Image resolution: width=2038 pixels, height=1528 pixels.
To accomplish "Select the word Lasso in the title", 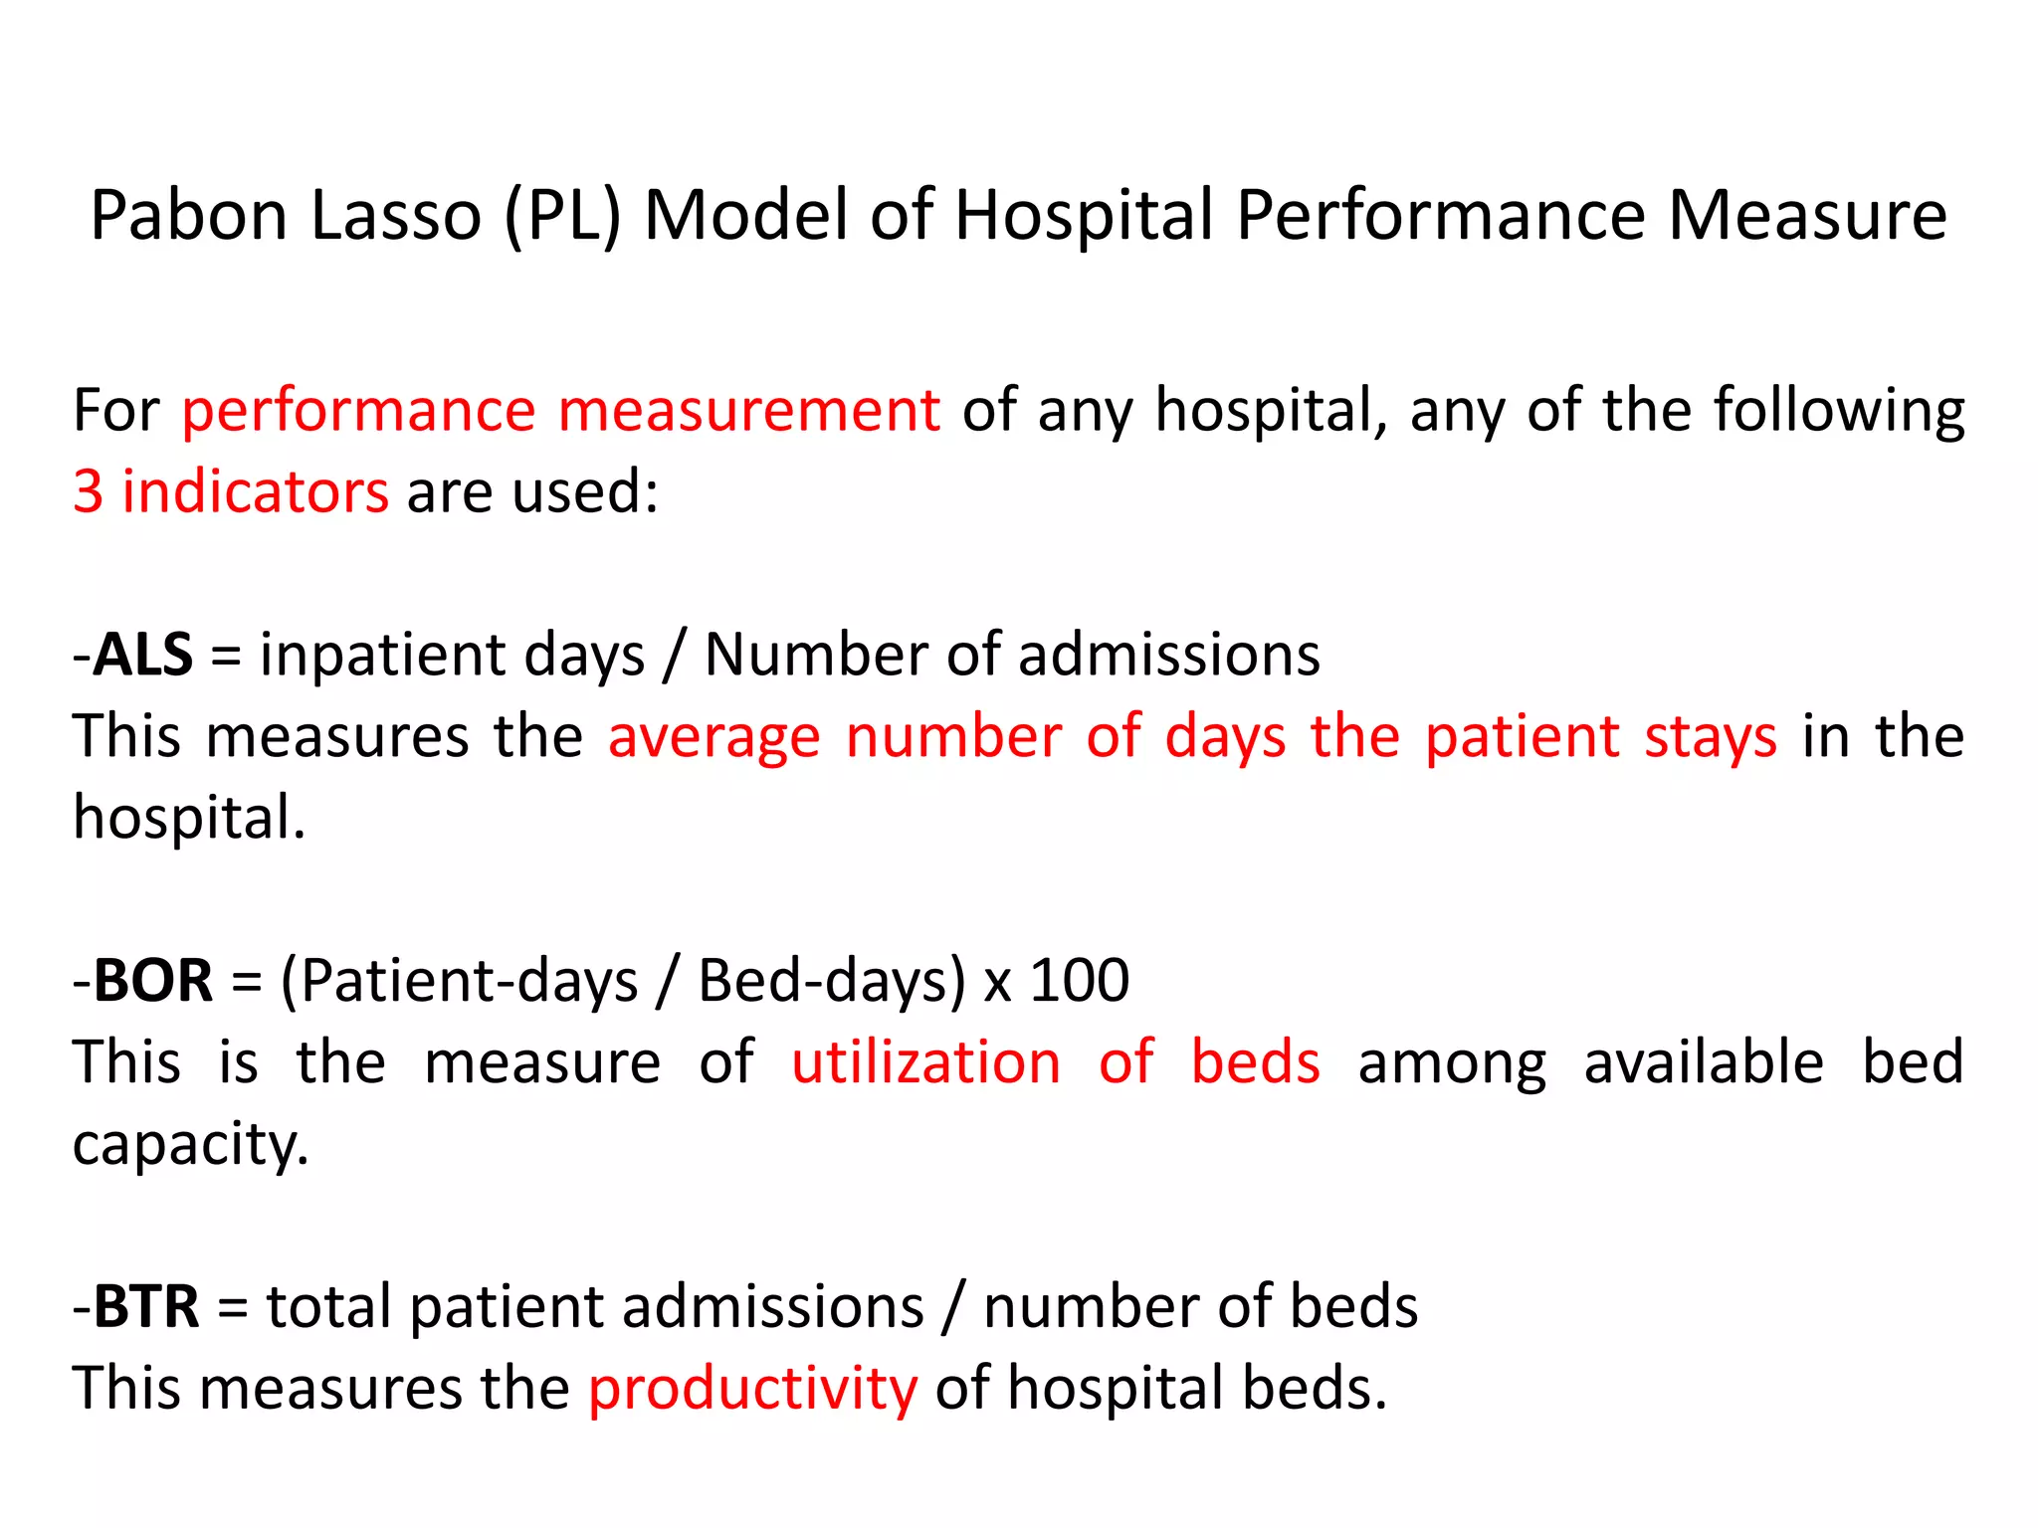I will pos(395,215).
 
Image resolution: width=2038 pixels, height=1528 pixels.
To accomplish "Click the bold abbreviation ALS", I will pos(143,655).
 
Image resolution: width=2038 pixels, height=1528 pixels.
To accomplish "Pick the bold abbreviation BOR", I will pos(153,980).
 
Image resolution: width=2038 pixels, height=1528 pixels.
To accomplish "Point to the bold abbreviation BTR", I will pos(146,1306).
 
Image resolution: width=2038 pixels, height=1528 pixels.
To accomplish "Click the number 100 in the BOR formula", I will pos(1079,980).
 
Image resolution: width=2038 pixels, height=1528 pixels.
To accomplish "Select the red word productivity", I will pos(752,1388).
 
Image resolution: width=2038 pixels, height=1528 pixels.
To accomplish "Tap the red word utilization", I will pos(926,1061).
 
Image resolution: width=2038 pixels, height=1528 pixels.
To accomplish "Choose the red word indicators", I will pos(255,491).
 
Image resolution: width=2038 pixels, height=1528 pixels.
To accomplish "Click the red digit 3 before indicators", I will pos(88,491).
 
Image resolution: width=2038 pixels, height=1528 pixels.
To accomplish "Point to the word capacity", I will pos(189,1144).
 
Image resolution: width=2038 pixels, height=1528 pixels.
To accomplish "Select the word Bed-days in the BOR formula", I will pos(831,980).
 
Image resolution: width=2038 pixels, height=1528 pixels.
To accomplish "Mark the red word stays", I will pos(1711,737).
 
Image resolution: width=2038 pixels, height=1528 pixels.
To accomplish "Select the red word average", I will pos(714,737).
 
